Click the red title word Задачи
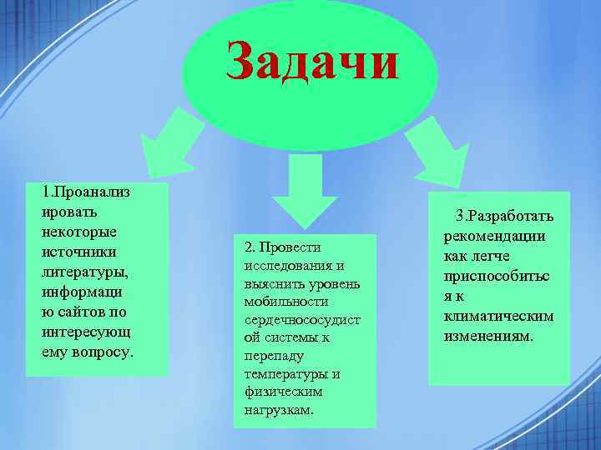coord(312,62)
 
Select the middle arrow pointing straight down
coord(305,188)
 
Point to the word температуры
coord(285,373)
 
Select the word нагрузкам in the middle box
coord(279,410)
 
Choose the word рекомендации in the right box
coord(500,236)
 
